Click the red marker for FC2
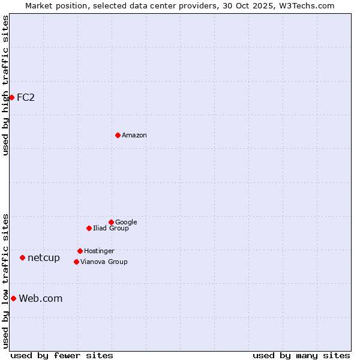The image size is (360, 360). point(11,97)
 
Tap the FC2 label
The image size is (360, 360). point(26,97)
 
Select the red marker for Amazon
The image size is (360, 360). point(118,135)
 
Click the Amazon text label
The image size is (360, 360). point(134,136)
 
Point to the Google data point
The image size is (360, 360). point(111,222)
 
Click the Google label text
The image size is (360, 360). point(126,222)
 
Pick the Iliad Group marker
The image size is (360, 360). point(89,228)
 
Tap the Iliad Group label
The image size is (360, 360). point(111,229)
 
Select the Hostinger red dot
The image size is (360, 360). point(80,251)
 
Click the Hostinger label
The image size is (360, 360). point(99,251)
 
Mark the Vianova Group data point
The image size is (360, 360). point(76,262)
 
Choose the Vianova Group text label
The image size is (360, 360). point(104,262)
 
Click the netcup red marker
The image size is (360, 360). point(22,257)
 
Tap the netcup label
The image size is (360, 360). point(44,258)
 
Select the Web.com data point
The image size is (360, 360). point(13,298)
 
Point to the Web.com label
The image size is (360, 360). point(41,299)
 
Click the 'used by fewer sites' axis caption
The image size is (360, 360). point(62,355)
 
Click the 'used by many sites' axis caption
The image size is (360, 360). point(301,355)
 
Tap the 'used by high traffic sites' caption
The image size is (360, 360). point(5,85)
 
